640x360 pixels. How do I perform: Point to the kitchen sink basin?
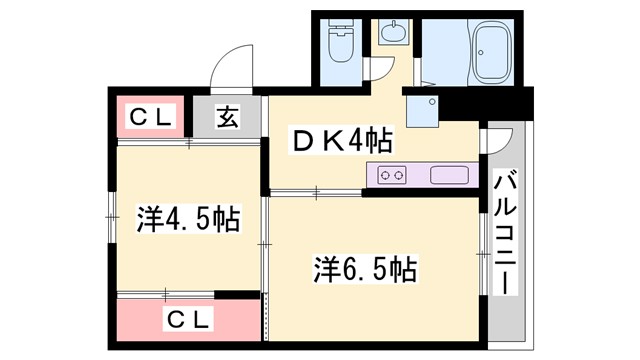click(x=450, y=175)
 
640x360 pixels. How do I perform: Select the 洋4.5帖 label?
click(x=187, y=217)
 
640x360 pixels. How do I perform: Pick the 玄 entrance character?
click(x=227, y=117)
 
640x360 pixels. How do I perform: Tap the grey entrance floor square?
click(x=227, y=117)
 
